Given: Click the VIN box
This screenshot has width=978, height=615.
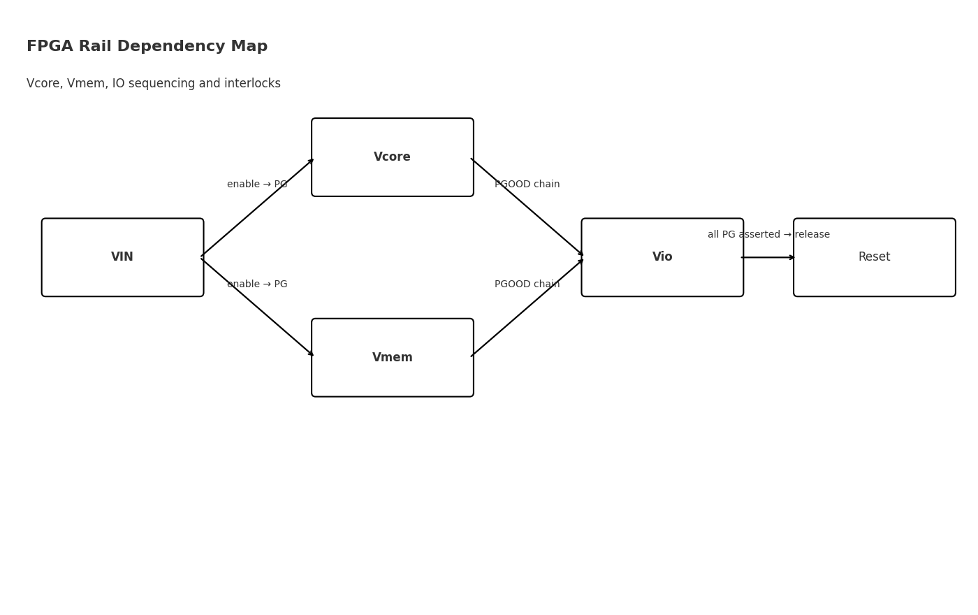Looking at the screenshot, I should tap(122, 257).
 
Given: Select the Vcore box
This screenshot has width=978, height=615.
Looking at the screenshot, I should tap(392, 157).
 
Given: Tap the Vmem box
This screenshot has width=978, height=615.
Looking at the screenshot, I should tap(392, 358).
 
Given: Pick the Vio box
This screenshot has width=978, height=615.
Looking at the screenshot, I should tap(662, 257).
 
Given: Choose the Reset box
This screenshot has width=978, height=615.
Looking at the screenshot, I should tap(874, 257).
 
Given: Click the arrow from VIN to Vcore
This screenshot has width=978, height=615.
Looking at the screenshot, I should tap(257, 208).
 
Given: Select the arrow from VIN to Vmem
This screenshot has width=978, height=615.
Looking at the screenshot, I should tap(257, 307).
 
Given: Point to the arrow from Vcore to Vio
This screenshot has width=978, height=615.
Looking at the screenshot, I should tap(527, 208).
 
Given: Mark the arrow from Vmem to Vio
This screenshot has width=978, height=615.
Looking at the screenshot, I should tap(527, 307).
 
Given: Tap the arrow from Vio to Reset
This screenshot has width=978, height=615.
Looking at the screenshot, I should tap(768, 257).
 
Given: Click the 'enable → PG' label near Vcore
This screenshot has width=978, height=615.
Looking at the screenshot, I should tap(257, 184).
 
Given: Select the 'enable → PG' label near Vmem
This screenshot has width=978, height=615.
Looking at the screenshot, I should tap(257, 284).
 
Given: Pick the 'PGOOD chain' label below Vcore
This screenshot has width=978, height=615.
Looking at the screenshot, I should tap(527, 184).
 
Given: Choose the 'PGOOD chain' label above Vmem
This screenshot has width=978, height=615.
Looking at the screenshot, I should tap(527, 284).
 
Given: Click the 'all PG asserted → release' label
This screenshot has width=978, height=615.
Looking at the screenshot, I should tap(768, 235).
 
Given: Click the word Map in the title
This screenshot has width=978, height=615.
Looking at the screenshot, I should tap(251, 47).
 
